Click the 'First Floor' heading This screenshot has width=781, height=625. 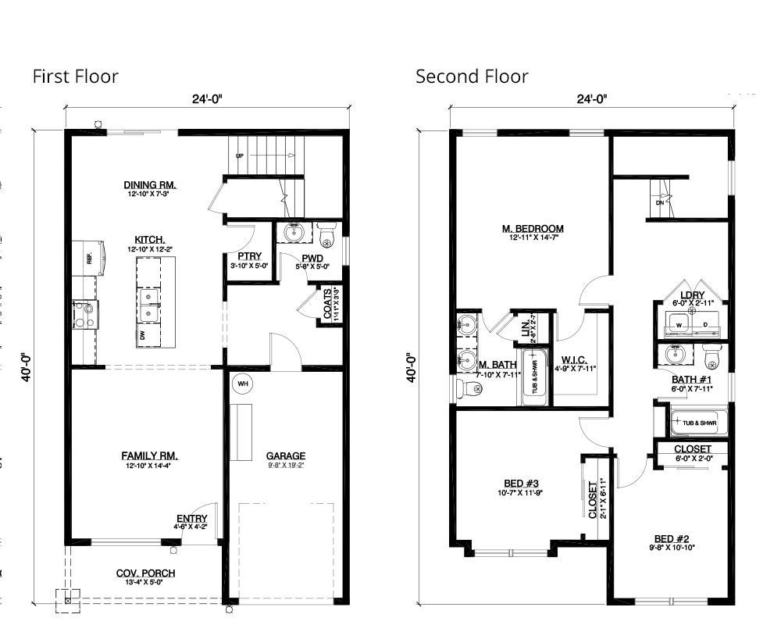click(x=75, y=76)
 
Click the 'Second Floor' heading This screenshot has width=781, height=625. click(x=472, y=76)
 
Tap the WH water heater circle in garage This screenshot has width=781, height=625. click(x=241, y=384)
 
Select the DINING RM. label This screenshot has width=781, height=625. click(x=151, y=185)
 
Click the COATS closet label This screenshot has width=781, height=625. click(x=329, y=305)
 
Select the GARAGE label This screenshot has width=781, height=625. click(x=286, y=456)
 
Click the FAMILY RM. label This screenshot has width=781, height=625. click(x=151, y=455)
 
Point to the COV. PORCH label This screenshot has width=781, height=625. click(x=146, y=573)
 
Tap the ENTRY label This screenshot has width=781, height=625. click(x=192, y=518)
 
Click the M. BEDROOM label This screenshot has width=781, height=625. click(x=533, y=229)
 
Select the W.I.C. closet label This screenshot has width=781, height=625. click(x=574, y=360)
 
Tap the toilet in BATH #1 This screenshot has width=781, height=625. click(x=711, y=357)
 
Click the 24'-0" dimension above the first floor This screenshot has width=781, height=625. click(x=208, y=99)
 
